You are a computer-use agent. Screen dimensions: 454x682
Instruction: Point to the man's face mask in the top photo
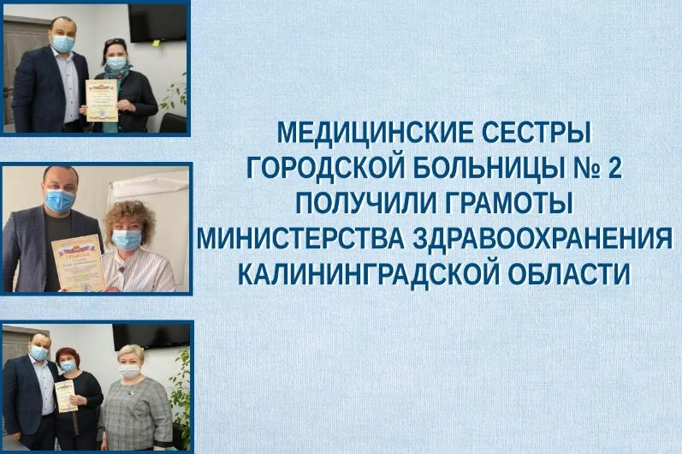pos(63,43)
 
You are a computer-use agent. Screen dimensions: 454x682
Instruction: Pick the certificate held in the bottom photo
pos(66,395)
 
